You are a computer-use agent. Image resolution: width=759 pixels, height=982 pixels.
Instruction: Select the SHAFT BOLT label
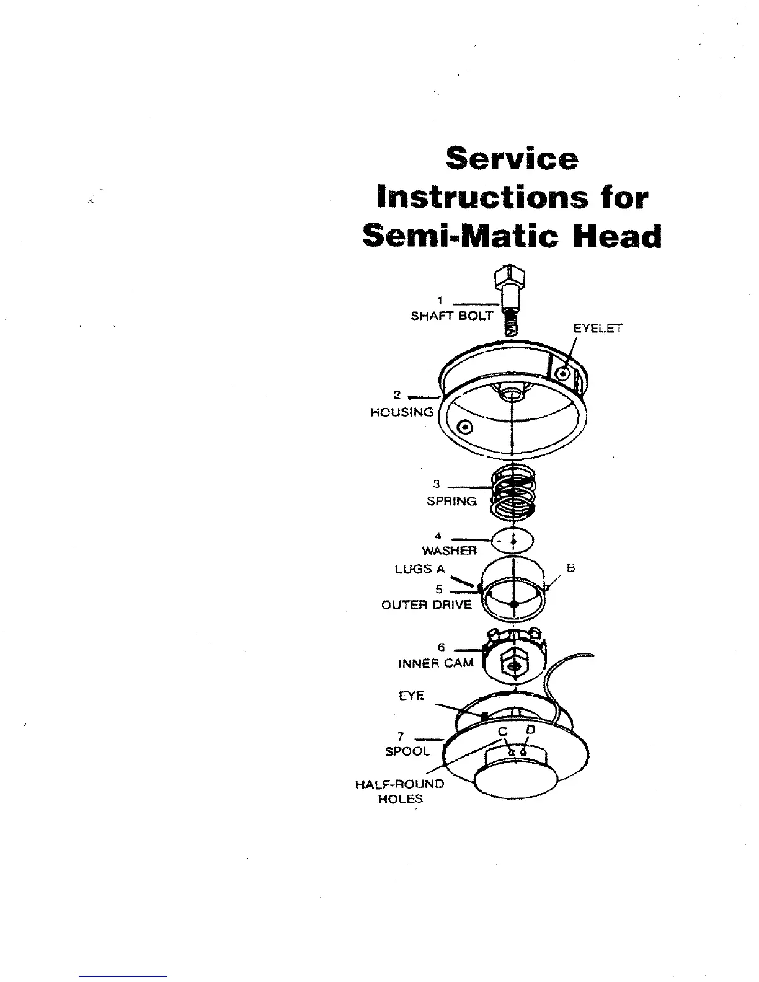coord(452,316)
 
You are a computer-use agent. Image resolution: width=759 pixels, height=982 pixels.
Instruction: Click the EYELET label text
coord(597,329)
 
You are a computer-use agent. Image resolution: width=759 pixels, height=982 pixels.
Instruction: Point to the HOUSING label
coord(402,412)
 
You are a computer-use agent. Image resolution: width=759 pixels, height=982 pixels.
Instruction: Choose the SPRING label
coord(452,501)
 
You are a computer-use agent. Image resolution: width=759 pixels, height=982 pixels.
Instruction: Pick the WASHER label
coord(450,551)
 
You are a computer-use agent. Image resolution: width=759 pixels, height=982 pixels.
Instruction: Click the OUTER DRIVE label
coord(427,605)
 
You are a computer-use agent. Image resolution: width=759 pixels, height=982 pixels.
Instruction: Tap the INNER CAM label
coord(435,663)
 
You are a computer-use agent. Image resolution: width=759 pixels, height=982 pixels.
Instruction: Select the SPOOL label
coord(407,751)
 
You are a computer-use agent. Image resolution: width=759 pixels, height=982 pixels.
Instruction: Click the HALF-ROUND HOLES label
coord(400,792)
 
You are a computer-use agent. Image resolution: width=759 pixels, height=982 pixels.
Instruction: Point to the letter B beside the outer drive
coord(571,568)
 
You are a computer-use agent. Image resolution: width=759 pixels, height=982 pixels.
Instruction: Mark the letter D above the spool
coord(530,730)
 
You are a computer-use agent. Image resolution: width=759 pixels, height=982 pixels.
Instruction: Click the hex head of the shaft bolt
coord(509,276)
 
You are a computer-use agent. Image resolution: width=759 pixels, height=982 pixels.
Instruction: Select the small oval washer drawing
coord(512,541)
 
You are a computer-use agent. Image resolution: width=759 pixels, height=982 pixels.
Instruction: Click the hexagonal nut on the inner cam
coord(513,665)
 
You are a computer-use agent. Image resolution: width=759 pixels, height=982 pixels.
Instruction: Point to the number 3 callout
coord(437,484)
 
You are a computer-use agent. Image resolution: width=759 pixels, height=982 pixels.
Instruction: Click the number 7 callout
coord(401,736)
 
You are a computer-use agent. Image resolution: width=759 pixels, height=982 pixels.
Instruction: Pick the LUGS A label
coord(420,569)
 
